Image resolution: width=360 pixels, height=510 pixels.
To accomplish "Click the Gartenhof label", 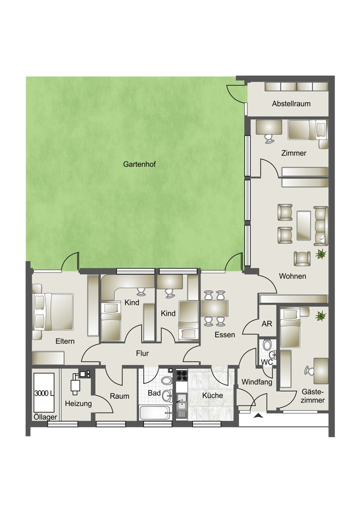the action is (139, 164).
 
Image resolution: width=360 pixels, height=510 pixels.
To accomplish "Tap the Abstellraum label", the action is (291, 104).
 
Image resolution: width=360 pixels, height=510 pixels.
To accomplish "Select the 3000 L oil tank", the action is (44, 393).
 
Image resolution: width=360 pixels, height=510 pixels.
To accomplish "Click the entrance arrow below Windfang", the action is (259, 415).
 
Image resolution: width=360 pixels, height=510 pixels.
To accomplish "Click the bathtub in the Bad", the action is (155, 413).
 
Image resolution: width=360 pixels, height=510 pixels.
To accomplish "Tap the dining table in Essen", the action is (214, 309).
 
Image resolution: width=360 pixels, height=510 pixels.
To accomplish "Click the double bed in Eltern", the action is (53, 312).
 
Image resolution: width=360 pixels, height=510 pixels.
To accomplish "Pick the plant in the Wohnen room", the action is (321, 253).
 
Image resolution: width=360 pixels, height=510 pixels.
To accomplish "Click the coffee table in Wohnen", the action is (304, 225).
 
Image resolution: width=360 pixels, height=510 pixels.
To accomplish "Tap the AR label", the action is (267, 324).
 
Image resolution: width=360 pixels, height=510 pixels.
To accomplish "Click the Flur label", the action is (142, 353).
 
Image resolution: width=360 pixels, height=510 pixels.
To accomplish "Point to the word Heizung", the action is (79, 403).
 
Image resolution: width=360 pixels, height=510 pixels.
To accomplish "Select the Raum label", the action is (119, 396).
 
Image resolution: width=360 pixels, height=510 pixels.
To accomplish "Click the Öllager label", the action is (45, 417).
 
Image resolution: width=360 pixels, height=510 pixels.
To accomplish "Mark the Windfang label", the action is (256, 382).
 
